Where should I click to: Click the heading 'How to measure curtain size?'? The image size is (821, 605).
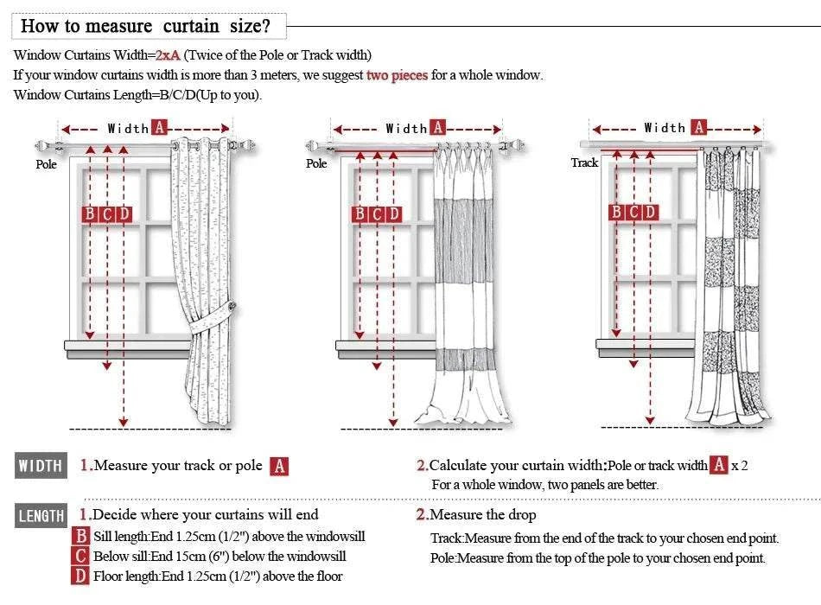point(145,26)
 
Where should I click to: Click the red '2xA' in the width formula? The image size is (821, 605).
point(168,55)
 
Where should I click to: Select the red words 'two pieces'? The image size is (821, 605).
point(397,75)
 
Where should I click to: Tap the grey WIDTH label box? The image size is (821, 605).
point(41,467)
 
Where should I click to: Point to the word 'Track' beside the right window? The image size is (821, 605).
point(584,162)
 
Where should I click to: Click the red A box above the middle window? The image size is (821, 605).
point(438,128)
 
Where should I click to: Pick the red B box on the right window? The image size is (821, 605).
point(616,212)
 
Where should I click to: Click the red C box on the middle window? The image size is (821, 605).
point(377,214)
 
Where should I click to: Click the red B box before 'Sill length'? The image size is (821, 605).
point(80,537)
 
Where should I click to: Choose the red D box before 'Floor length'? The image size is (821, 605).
point(80,576)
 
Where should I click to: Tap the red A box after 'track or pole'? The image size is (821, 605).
point(278,467)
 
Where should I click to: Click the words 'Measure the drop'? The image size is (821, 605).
point(483,515)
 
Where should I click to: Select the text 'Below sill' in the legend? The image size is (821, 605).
point(120,557)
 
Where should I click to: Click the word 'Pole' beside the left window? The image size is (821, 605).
point(46,164)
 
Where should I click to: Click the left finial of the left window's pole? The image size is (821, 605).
point(43,147)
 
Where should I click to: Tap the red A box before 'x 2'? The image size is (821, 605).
point(719,465)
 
